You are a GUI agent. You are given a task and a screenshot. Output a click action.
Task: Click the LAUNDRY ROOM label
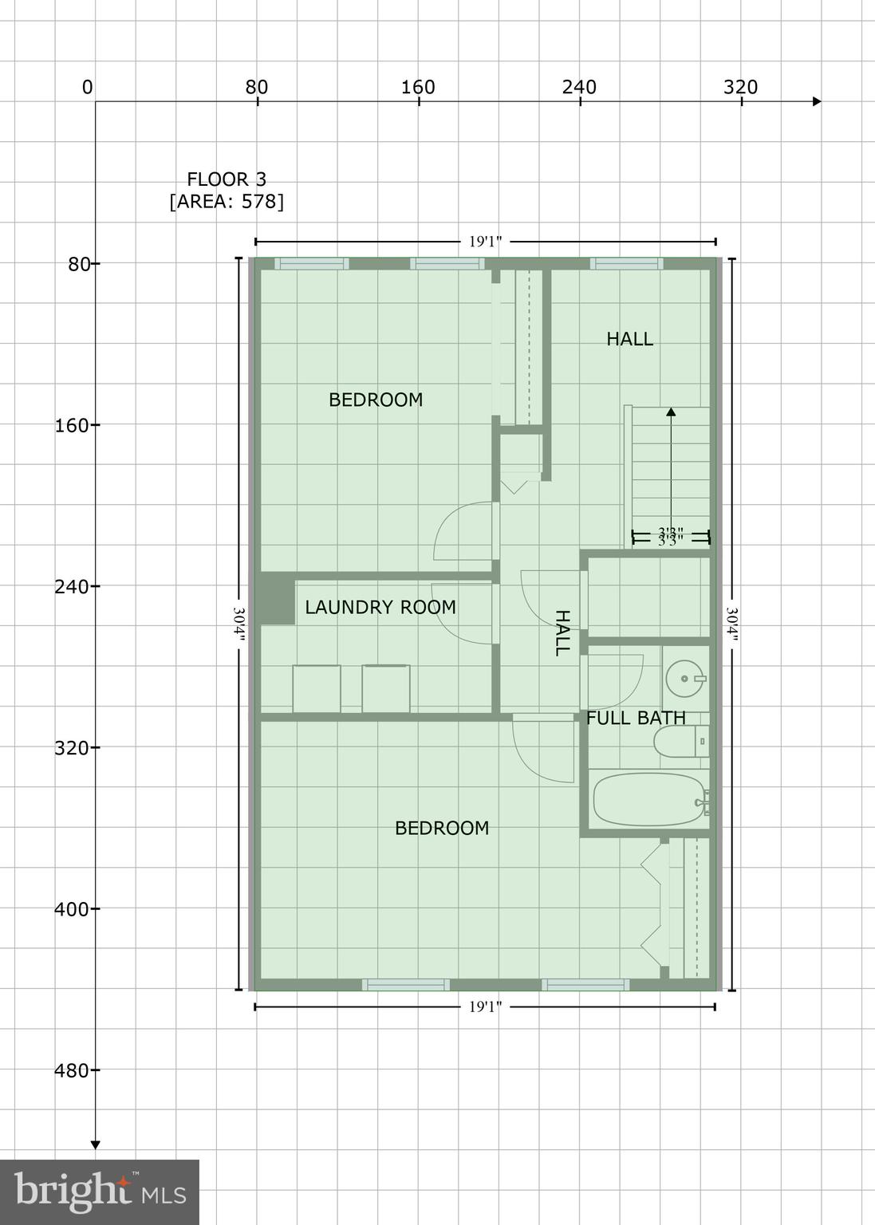(x=380, y=608)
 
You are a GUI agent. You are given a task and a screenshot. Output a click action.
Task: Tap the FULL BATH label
(x=636, y=718)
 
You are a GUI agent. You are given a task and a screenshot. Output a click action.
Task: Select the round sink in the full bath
(x=684, y=678)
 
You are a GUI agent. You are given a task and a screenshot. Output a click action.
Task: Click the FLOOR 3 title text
(x=227, y=179)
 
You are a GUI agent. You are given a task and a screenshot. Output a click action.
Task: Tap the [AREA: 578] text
(x=227, y=201)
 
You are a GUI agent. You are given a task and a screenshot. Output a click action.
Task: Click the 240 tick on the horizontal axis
(x=579, y=87)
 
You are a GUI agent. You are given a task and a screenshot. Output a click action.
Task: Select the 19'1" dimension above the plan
(x=485, y=241)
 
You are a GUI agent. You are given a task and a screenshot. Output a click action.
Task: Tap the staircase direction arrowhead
(x=671, y=412)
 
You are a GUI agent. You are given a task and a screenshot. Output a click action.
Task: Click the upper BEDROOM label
(x=376, y=400)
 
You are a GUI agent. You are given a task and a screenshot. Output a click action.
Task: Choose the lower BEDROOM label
(x=442, y=828)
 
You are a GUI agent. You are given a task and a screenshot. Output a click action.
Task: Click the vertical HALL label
(x=562, y=633)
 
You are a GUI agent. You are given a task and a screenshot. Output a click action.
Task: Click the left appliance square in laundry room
(x=316, y=688)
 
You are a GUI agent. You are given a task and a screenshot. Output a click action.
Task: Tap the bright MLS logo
(x=100, y=1192)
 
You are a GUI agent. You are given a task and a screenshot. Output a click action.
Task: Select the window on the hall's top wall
(x=626, y=264)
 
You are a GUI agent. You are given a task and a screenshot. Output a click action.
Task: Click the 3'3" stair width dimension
(x=671, y=537)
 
